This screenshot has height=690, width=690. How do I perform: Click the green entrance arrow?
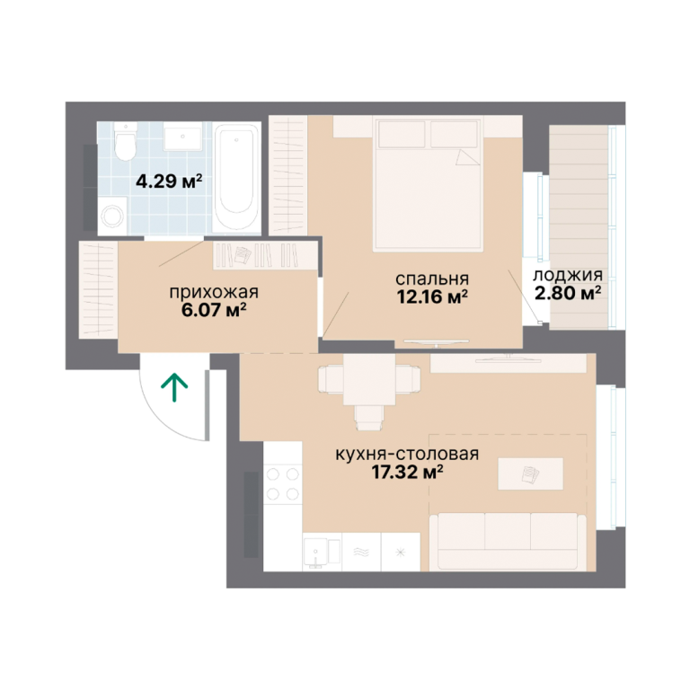(174, 387)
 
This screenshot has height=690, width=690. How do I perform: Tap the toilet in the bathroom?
(125, 141)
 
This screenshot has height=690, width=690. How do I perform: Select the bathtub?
(236, 177)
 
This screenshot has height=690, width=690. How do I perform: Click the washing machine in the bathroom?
(112, 216)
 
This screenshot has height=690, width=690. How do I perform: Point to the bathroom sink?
(182, 137)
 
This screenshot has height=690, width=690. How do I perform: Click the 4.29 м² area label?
(169, 181)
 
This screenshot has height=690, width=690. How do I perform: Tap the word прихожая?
(214, 293)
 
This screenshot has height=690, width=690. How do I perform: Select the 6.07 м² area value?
(214, 310)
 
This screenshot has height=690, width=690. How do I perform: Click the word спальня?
(432, 279)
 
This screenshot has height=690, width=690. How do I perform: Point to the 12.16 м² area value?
(432, 297)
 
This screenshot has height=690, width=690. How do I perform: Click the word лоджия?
(568, 276)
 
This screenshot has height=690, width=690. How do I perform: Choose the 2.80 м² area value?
(568, 293)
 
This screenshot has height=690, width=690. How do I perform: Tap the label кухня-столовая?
(407, 454)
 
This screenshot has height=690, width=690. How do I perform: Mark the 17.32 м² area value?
(407, 473)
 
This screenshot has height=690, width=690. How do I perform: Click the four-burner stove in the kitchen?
(282, 484)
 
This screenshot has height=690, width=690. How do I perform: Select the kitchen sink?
(323, 552)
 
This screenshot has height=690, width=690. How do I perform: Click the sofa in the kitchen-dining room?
(508, 542)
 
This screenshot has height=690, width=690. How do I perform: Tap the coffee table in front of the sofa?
(530, 474)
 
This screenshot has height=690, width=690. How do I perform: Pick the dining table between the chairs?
(369, 380)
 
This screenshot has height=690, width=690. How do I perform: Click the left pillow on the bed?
(402, 134)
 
